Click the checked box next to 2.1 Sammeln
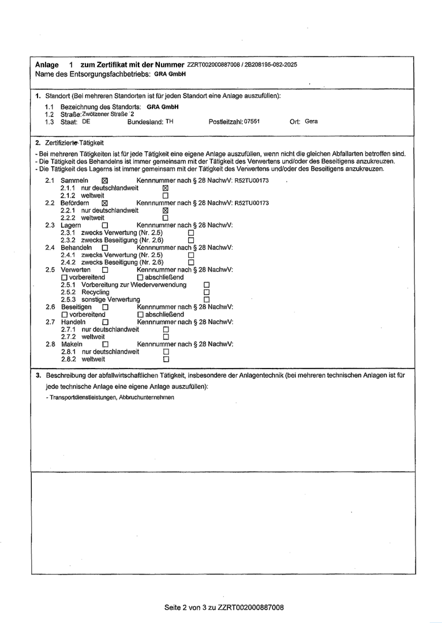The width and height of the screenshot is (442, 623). coord(104,181)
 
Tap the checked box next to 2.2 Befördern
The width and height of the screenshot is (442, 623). coord(104,204)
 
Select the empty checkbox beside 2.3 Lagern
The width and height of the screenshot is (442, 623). coord(104,226)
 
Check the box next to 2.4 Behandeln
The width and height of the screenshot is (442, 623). coord(104,247)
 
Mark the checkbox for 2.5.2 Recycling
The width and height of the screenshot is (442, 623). coord(206,292)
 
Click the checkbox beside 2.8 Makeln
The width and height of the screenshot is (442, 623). coord(105,345)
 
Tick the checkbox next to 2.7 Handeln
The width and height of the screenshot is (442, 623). coord(105,322)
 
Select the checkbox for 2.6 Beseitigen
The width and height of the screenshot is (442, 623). coord(105,307)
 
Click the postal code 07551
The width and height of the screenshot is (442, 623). coord(252,122)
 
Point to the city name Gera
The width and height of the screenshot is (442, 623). coord(311,122)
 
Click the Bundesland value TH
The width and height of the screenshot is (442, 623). coord(169,122)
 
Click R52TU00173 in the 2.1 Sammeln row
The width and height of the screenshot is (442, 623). coord(252,181)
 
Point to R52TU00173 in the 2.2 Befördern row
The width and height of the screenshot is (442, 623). coord(252,203)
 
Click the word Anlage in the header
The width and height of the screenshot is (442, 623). coord(47,65)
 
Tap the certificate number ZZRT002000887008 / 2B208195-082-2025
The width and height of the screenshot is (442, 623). coord(242,65)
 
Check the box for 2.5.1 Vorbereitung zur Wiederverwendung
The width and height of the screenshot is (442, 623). coord(206,285)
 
